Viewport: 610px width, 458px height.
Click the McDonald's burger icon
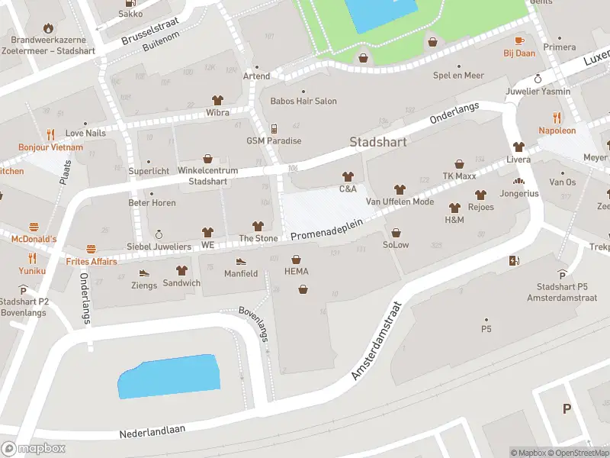pos(34,227)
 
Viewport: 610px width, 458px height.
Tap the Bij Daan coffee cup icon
pos(519,40)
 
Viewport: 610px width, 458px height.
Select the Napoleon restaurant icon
pos(557,118)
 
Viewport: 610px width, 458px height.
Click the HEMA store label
pos(296,272)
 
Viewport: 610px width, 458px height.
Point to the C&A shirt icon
pos(348,176)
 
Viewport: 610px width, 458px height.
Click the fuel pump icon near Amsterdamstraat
pos(514,261)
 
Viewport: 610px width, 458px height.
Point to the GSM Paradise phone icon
pos(274,128)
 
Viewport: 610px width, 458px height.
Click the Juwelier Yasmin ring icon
pos(538,79)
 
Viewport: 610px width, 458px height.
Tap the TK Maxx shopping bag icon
pos(459,163)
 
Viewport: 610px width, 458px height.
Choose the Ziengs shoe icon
pos(143,273)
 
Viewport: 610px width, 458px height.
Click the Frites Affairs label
pos(91,262)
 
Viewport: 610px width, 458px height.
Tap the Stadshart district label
pos(378,142)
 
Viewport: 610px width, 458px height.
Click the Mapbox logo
pos(34,449)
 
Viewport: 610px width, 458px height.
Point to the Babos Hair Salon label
pos(303,101)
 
